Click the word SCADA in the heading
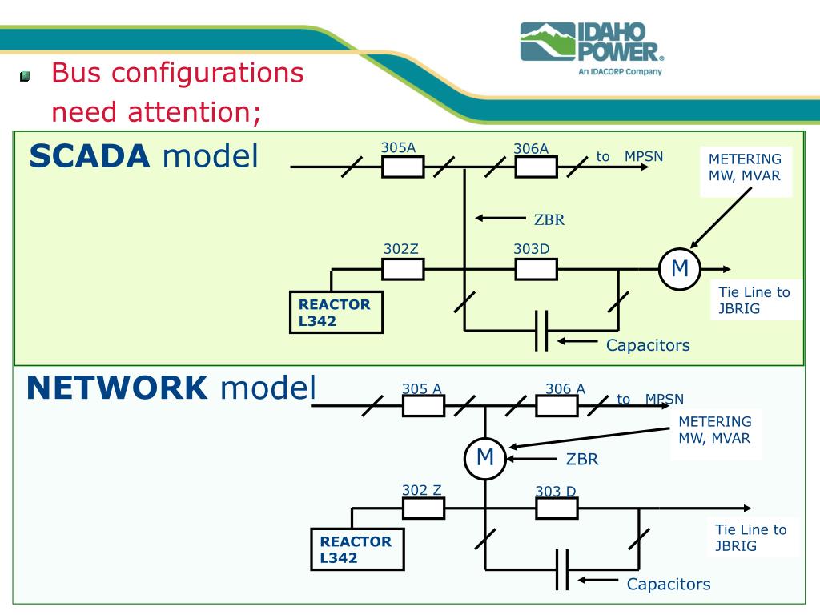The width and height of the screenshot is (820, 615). point(89,156)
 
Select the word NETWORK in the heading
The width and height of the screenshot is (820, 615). point(117,388)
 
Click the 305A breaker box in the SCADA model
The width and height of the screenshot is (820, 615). point(403,167)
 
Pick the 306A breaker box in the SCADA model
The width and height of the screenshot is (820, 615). point(536,167)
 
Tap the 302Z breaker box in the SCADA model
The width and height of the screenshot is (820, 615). point(403,269)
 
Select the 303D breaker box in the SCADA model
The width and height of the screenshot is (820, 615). point(536,269)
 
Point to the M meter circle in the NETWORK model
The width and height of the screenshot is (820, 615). point(485,458)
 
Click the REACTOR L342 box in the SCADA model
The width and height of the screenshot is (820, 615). point(336,312)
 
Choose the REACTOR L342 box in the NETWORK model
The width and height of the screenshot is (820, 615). point(356,549)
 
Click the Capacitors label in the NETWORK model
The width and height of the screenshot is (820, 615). point(668,584)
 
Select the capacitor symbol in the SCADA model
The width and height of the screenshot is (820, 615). point(541,330)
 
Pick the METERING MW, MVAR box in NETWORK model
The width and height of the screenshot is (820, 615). point(714,430)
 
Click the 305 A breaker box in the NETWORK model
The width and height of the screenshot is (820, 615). point(424,406)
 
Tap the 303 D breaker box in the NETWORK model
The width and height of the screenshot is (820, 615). point(557,508)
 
